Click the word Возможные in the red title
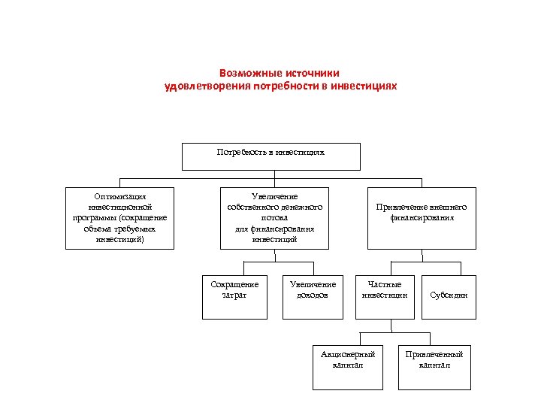coord(248,74)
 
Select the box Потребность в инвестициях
coord(271,156)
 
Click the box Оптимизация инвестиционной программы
coord(120,218)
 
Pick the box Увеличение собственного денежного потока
coord(274,218)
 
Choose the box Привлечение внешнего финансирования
coord(422,218)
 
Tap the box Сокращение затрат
coord(234,295)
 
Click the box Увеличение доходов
coord(313,295)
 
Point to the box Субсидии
coord(449,295)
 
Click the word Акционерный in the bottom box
coord(348,354)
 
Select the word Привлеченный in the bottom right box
coord(434,354)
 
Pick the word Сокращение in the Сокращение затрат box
coord(234,284)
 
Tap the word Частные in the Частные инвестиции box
coord(385,284)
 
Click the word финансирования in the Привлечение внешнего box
coord(422,218)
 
